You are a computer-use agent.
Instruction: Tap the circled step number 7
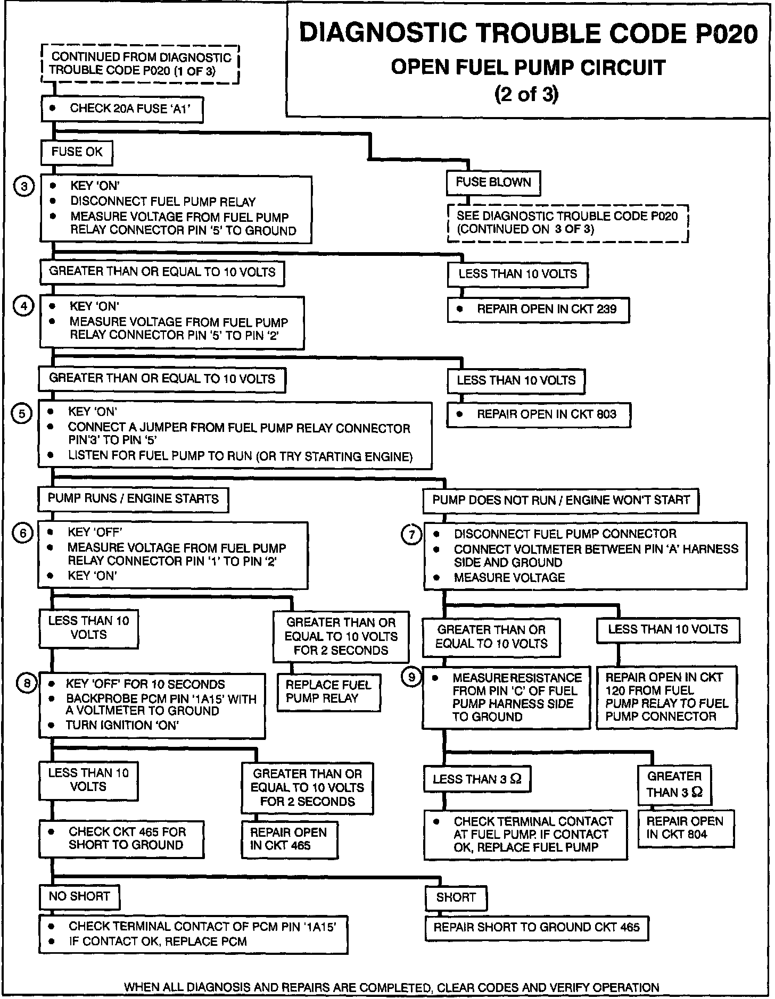(411, 535)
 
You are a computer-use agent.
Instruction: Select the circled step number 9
(411, 678)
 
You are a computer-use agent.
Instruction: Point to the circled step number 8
(27, 684)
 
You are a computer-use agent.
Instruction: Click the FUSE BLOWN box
(493, 183)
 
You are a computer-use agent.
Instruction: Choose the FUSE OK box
(77, 153)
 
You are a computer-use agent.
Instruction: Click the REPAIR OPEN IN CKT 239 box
(538, 310)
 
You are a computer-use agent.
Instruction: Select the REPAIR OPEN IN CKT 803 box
(538, 415)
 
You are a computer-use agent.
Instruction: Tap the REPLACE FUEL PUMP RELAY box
(328, 692)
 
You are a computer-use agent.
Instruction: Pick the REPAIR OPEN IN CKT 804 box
(685, 828)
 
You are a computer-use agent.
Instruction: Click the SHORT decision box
(456, 898)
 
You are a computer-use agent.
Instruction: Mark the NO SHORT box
(79, 897)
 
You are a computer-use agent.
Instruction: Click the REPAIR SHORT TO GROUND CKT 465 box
(537, 928)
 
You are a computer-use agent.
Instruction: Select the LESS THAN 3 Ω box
(477, 780)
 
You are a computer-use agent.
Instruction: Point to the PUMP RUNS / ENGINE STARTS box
(133, 499)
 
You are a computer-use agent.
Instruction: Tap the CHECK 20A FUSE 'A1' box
(122, 109)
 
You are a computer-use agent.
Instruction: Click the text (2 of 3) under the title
(526, 94)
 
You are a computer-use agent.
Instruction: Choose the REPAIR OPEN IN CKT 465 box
(290, 839)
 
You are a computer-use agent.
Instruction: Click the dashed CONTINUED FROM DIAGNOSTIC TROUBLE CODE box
(141, 64)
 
